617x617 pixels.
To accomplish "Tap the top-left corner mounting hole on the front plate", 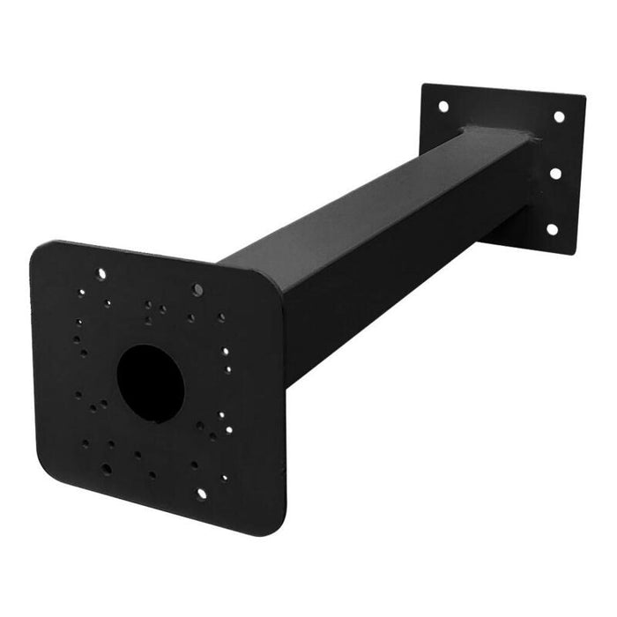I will click(x=101, y=274).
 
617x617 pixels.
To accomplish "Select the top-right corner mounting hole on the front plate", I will click(x=197, y=289).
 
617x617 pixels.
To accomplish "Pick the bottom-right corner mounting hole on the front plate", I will click(x=201, y=493).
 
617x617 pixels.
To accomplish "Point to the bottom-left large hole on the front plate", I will click(x=107, y=469).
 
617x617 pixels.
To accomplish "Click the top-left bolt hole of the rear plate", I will click(x=442, y=107).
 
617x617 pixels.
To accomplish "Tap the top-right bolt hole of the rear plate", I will click(x=559, y=116).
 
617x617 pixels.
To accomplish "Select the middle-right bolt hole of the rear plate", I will click(x=555, y=173).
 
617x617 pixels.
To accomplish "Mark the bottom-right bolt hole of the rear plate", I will click(x=552, y=228).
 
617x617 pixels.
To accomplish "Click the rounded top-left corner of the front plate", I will click(x=39, y=250).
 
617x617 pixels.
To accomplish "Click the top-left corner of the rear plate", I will click(x=425, y=86).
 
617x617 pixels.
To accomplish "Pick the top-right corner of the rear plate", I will click(x=583, y=99).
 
